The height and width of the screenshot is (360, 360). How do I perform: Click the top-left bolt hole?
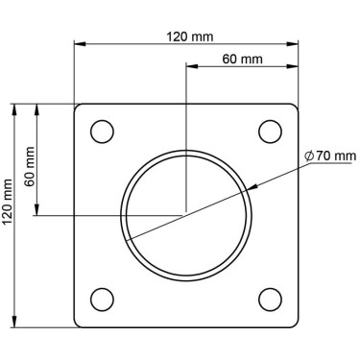[102, 131]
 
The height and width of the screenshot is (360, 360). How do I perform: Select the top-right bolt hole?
[270, 131]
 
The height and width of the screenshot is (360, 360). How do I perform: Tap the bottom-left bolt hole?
[102, 300]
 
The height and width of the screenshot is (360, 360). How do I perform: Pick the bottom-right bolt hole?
[270, 300]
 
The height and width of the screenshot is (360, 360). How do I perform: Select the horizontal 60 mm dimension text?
[242, 59]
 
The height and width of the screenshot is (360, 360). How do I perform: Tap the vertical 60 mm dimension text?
[30, 164]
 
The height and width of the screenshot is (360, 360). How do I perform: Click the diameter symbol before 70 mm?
[308, 155]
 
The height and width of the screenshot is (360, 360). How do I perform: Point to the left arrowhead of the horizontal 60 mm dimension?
[190, 67]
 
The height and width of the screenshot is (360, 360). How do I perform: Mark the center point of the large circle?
[186, 214]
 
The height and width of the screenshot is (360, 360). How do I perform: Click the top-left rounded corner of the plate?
[79, 108]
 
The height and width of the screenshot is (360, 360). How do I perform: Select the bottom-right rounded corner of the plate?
[292, 323]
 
